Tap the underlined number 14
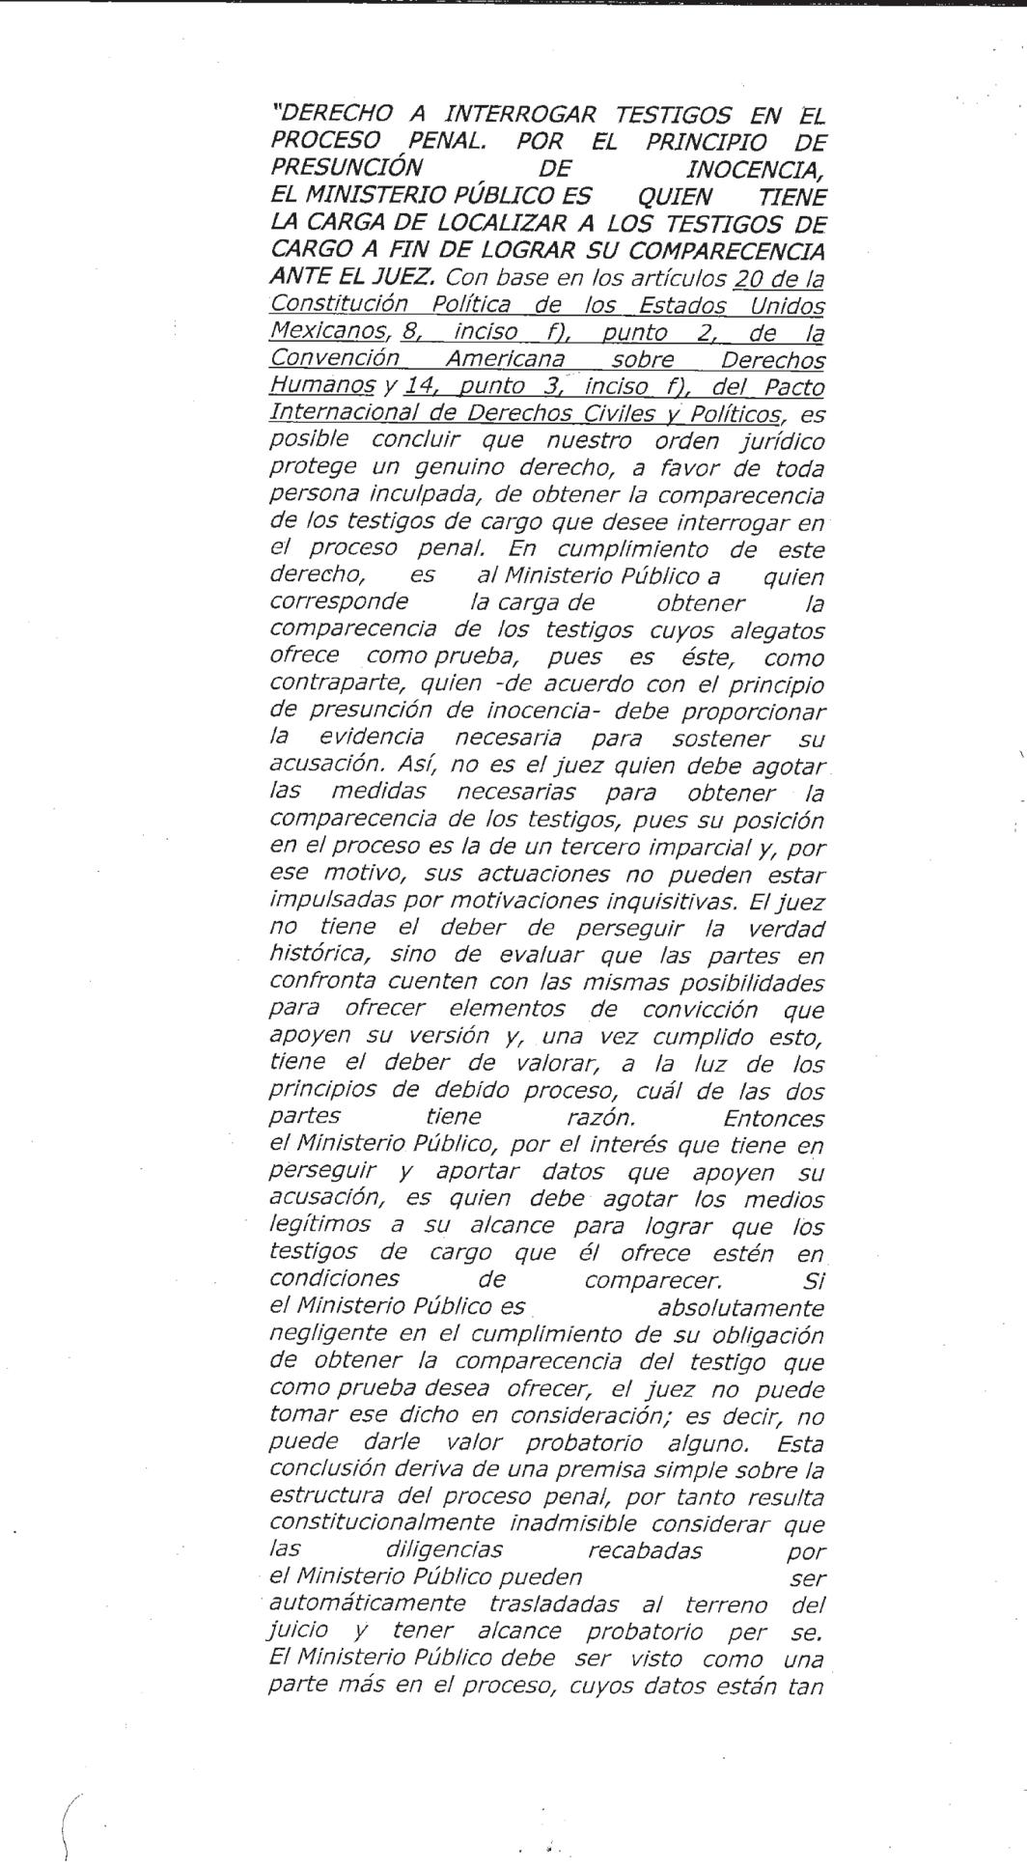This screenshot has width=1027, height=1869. (416, 387)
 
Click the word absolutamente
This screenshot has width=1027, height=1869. (740, 1309)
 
